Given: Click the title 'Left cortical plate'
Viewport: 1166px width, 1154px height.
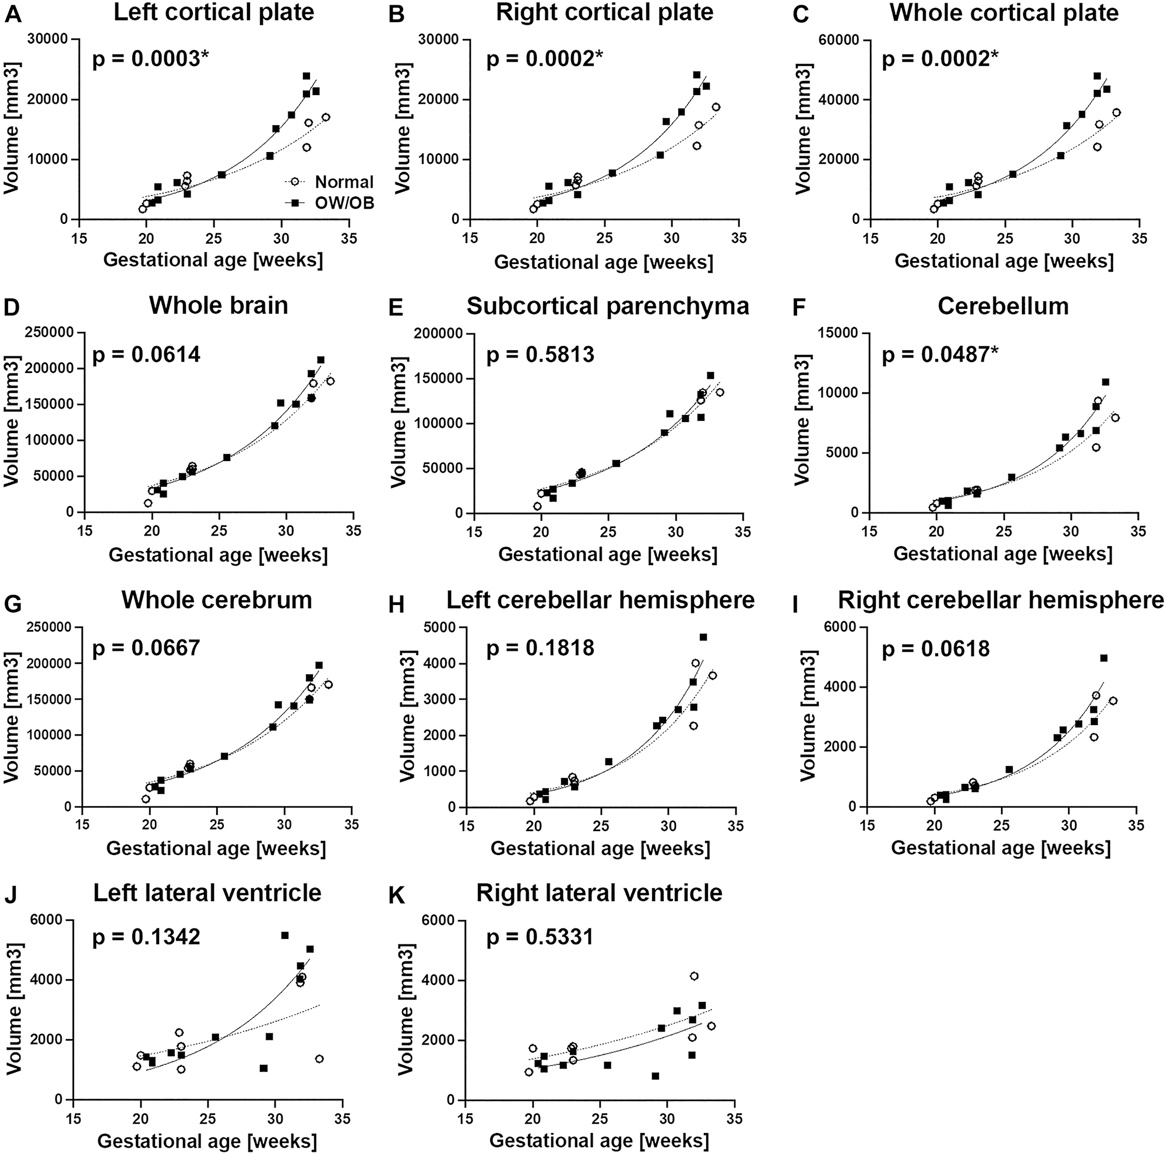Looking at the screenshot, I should [214, 13].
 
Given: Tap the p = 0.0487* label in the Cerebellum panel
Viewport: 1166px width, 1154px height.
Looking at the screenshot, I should [940, 354].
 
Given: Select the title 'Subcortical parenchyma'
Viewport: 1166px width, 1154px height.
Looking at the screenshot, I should [607, 306].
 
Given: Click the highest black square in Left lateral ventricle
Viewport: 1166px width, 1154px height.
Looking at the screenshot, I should [285, 935].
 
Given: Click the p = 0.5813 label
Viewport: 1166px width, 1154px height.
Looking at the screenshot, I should [540, 354].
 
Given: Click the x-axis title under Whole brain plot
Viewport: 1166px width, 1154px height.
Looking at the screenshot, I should [218, 555].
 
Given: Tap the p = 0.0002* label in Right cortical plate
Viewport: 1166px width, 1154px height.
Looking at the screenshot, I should [545, 59].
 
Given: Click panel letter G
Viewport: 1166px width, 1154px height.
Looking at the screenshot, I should [12, 604].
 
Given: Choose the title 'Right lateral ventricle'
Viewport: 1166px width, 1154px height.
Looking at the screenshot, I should [598, 893].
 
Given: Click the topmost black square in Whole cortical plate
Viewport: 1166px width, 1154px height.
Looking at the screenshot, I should [1097, 76].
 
